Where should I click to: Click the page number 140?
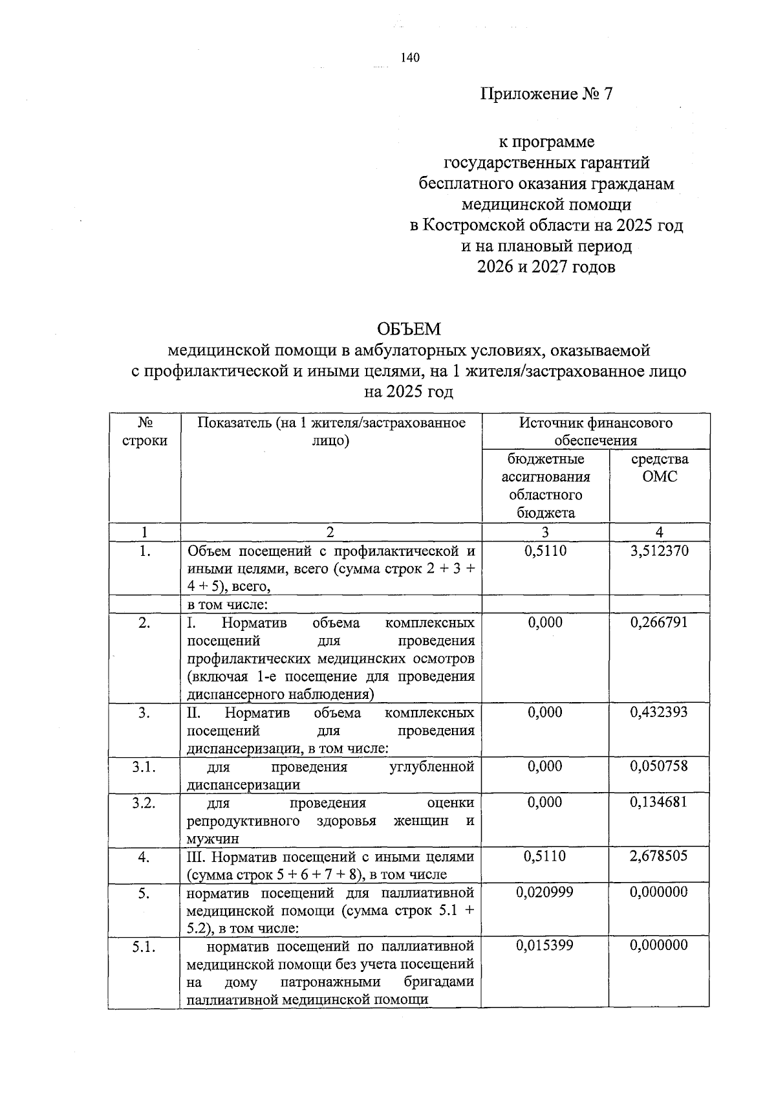410,58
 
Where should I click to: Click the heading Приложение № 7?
546,94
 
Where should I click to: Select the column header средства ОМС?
659,468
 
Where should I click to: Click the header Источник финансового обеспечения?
595,432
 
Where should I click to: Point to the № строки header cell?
144,432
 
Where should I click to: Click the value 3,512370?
659,551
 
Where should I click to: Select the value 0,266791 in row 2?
659,623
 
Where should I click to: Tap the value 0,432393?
659,712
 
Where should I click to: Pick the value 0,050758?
659,766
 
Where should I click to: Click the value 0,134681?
659,802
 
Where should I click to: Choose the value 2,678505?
659,856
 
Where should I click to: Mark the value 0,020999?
545,892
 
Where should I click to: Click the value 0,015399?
545,945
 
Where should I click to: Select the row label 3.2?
144,802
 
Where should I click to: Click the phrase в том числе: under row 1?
228,605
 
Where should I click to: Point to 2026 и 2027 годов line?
546,267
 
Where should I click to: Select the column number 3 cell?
545,533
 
